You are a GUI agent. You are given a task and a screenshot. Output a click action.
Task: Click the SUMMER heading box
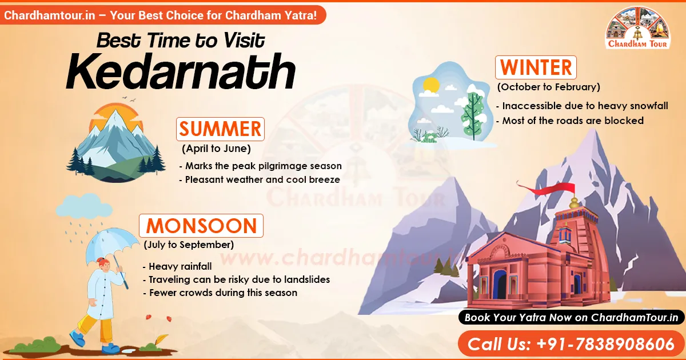220,129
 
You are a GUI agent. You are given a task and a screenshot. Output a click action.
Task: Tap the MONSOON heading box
201,226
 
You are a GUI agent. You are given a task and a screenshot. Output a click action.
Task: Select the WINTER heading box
536,67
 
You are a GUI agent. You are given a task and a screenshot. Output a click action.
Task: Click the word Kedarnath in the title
180,72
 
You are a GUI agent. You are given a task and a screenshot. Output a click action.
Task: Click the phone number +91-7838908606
571,345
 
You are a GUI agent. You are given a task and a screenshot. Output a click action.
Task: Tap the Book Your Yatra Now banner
571,318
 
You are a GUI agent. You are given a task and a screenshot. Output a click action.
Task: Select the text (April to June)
216,149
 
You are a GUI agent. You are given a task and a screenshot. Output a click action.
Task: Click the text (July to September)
189,245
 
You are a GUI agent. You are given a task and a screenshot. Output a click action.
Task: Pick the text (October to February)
548,87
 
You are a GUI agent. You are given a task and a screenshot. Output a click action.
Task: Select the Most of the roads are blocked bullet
573,121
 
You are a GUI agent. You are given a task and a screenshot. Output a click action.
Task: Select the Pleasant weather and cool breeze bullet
262,179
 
